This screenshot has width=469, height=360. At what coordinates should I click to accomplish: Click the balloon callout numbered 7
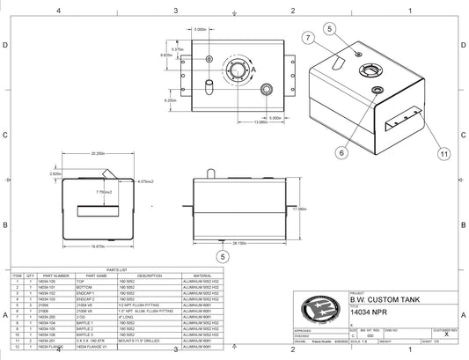[308, 38]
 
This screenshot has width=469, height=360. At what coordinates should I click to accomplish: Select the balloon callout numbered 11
[443, 153]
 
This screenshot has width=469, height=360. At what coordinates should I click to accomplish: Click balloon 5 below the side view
[223, 257]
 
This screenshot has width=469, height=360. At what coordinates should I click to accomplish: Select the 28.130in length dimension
[239, 242]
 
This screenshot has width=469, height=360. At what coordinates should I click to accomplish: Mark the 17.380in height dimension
[302, 209]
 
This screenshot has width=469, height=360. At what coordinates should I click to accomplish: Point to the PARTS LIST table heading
[116, 269]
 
